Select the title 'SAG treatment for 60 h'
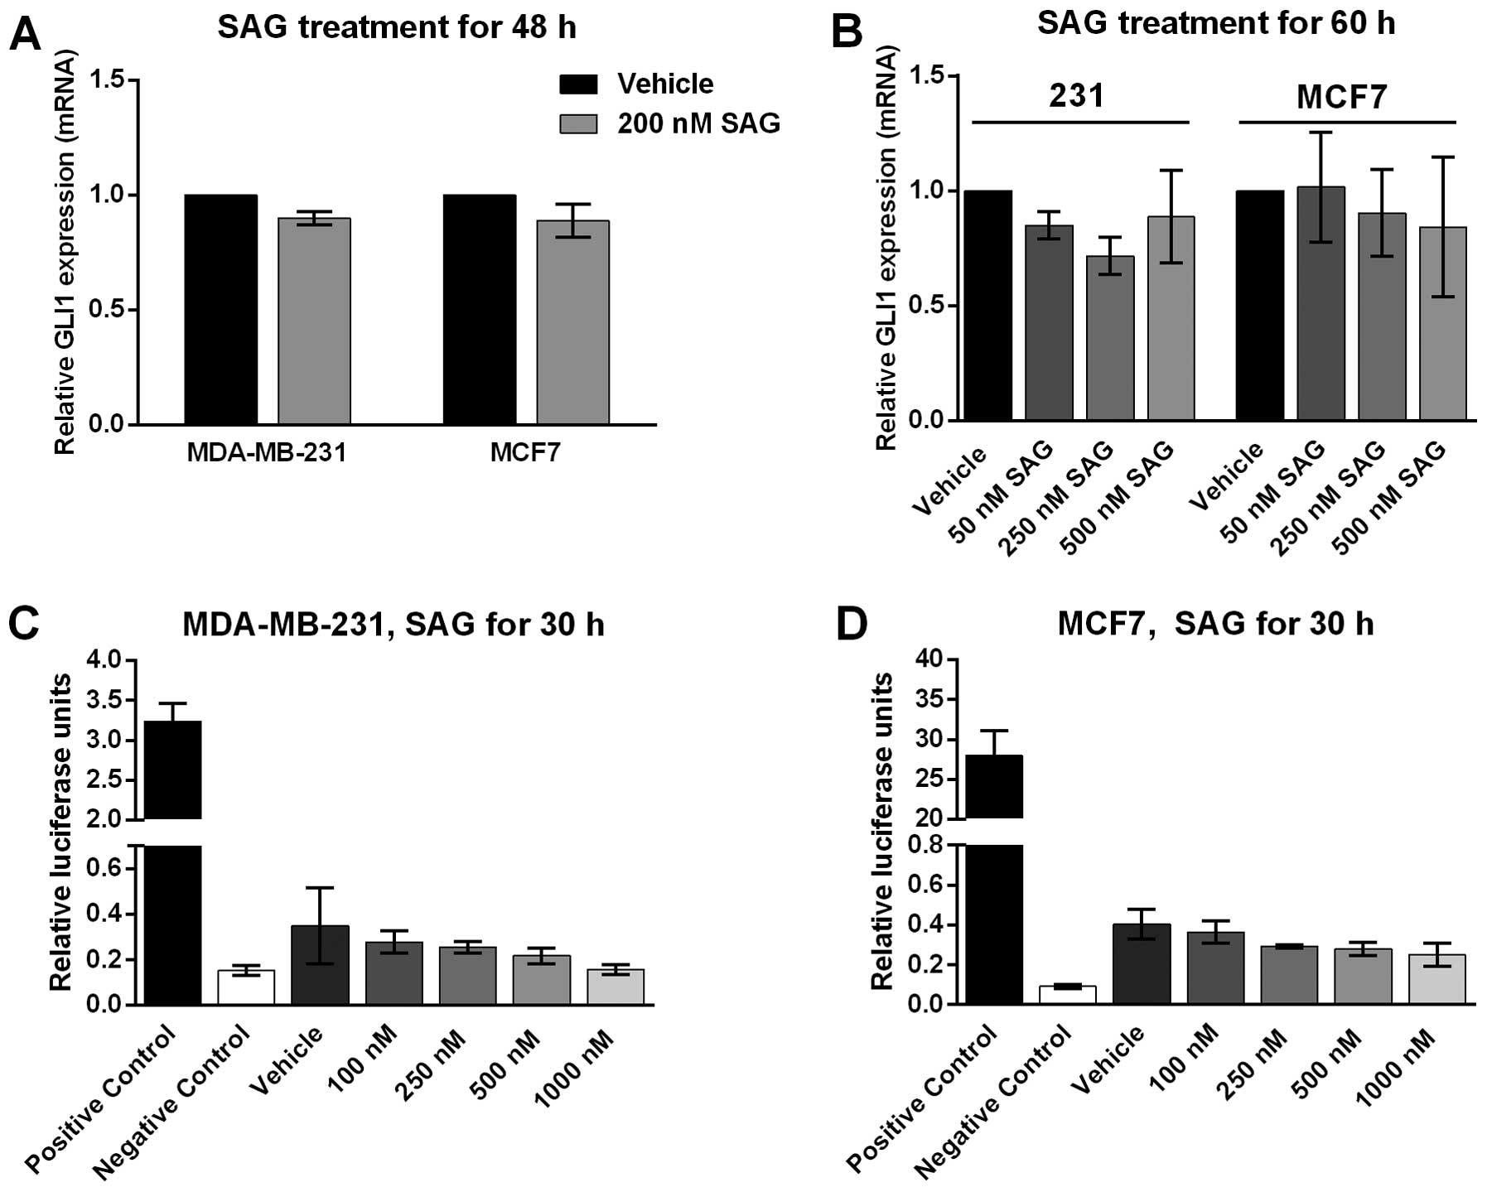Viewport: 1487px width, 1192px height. [x=1215, y=23]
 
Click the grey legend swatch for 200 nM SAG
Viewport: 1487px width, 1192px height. [x=578, y=123]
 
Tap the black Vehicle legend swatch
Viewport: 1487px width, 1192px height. [x=578, y=84]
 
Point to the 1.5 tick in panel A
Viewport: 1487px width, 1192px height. [x=113, y=80]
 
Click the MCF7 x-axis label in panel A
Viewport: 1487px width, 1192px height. [x=524, y=452]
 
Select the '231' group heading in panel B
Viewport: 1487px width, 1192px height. [x=1076, y=96]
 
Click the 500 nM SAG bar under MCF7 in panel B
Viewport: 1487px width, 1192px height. [x=1442, y=323]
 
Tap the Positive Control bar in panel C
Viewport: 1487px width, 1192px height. [x=173, y=861]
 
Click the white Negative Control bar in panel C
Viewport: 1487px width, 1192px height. [x=246, y=987]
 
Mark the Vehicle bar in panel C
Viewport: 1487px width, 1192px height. [x=320, y=965]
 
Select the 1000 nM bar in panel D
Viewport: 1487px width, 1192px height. [x=1436, y=980]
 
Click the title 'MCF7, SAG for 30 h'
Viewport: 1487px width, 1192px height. [x=1214, y=624]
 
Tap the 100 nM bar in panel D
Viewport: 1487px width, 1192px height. [x=1215, y=968]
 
